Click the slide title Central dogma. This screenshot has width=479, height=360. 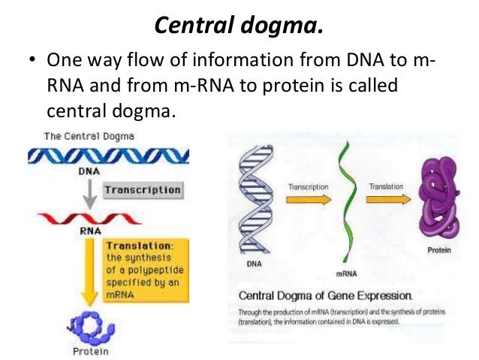[239, 26]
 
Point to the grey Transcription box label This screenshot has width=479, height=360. [143, 190]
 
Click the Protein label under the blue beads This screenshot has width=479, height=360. [91, 350]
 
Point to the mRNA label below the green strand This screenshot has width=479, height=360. [345, 270]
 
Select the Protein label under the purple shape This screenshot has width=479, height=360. [441, 250]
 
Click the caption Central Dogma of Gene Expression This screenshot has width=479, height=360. [324, 295]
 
